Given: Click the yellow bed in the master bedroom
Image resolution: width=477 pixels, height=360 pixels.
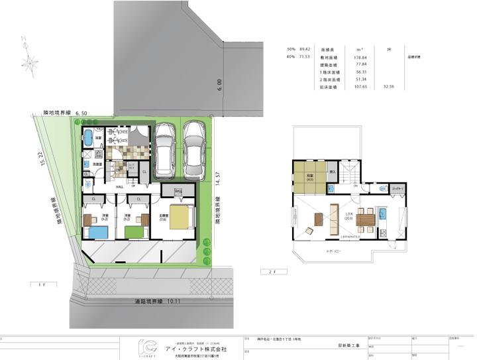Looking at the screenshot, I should pyautogui.click(x=180, y=218).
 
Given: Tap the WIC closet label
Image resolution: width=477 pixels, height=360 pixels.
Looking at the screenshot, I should pyautogui.click(x=179, y=193).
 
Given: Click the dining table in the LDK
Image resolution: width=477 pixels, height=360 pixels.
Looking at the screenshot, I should pyautogui.click(x=365, y=219).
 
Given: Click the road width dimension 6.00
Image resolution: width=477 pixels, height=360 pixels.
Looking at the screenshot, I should pyautogui.click(x=218, y=84).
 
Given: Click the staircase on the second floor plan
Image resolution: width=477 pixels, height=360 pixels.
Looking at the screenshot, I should pyautogui.click(x=352, y=174).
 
